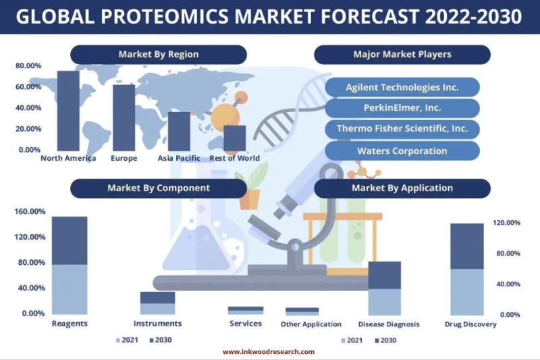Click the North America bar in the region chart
coord(68,111)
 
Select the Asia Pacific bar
coord(179,131)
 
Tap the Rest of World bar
coord(234,138)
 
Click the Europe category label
coord(124,158)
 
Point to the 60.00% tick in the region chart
coord(28,87)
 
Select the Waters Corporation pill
coord(402,151)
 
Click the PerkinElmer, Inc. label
coord(402,108)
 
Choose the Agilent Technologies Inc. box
coord(402,87)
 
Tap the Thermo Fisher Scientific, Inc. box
coord(402,128)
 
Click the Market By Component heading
coord(159,188)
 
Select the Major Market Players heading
coord(402,55)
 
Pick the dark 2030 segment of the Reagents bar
coord(70,240)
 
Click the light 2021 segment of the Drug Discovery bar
coord(467,292)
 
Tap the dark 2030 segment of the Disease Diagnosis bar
coord(385,276)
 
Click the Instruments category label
coord(157,324)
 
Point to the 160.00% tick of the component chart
coord(30,211)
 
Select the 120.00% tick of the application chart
coord(506,223)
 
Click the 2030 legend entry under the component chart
coord(161,340)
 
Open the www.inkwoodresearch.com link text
coord(269,352)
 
